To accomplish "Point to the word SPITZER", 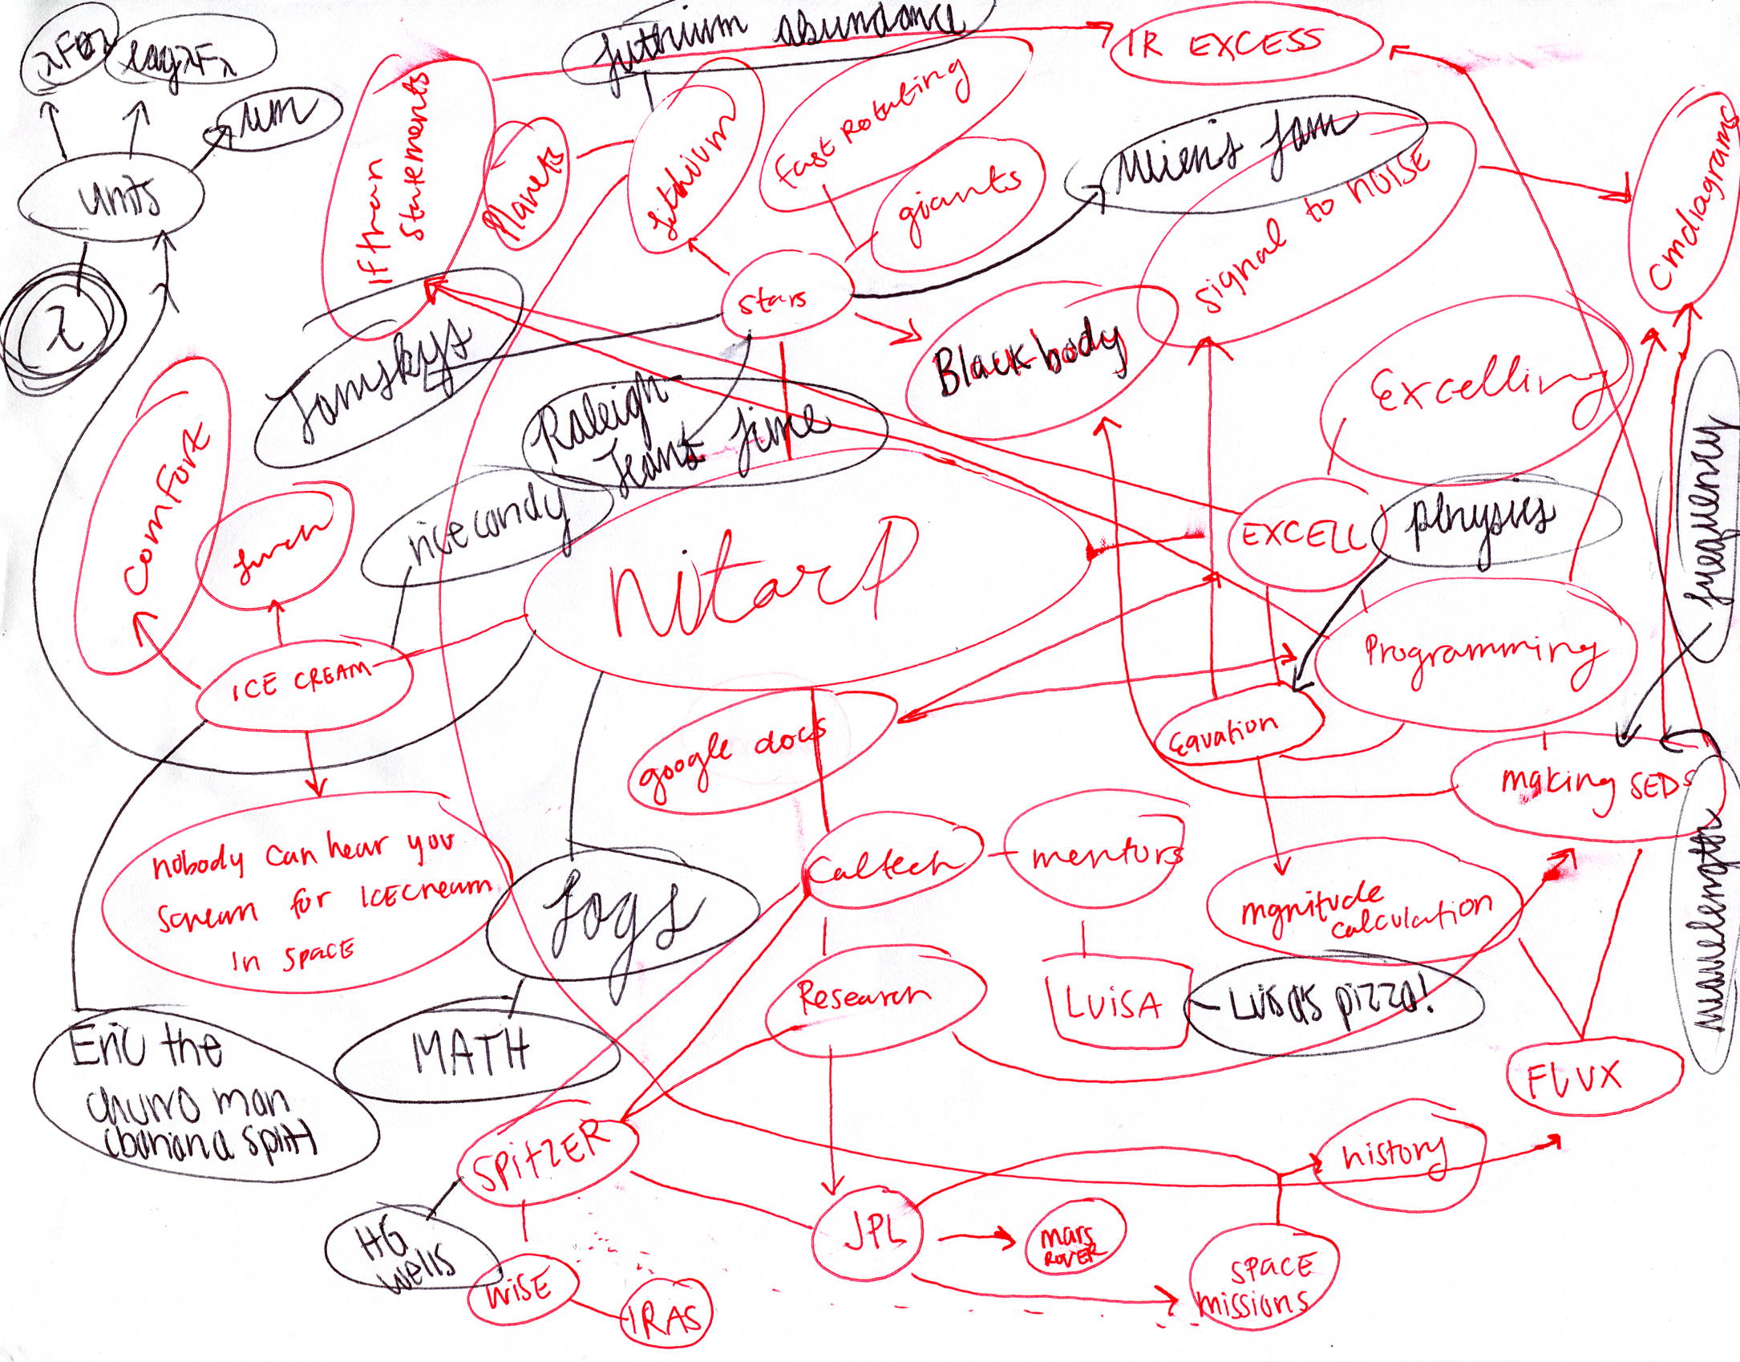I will (x=542, y=1157).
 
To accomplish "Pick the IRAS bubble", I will (x=666, y=1315).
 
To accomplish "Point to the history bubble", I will (x=1395, y=1155).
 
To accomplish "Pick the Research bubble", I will (x=866, y=996).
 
